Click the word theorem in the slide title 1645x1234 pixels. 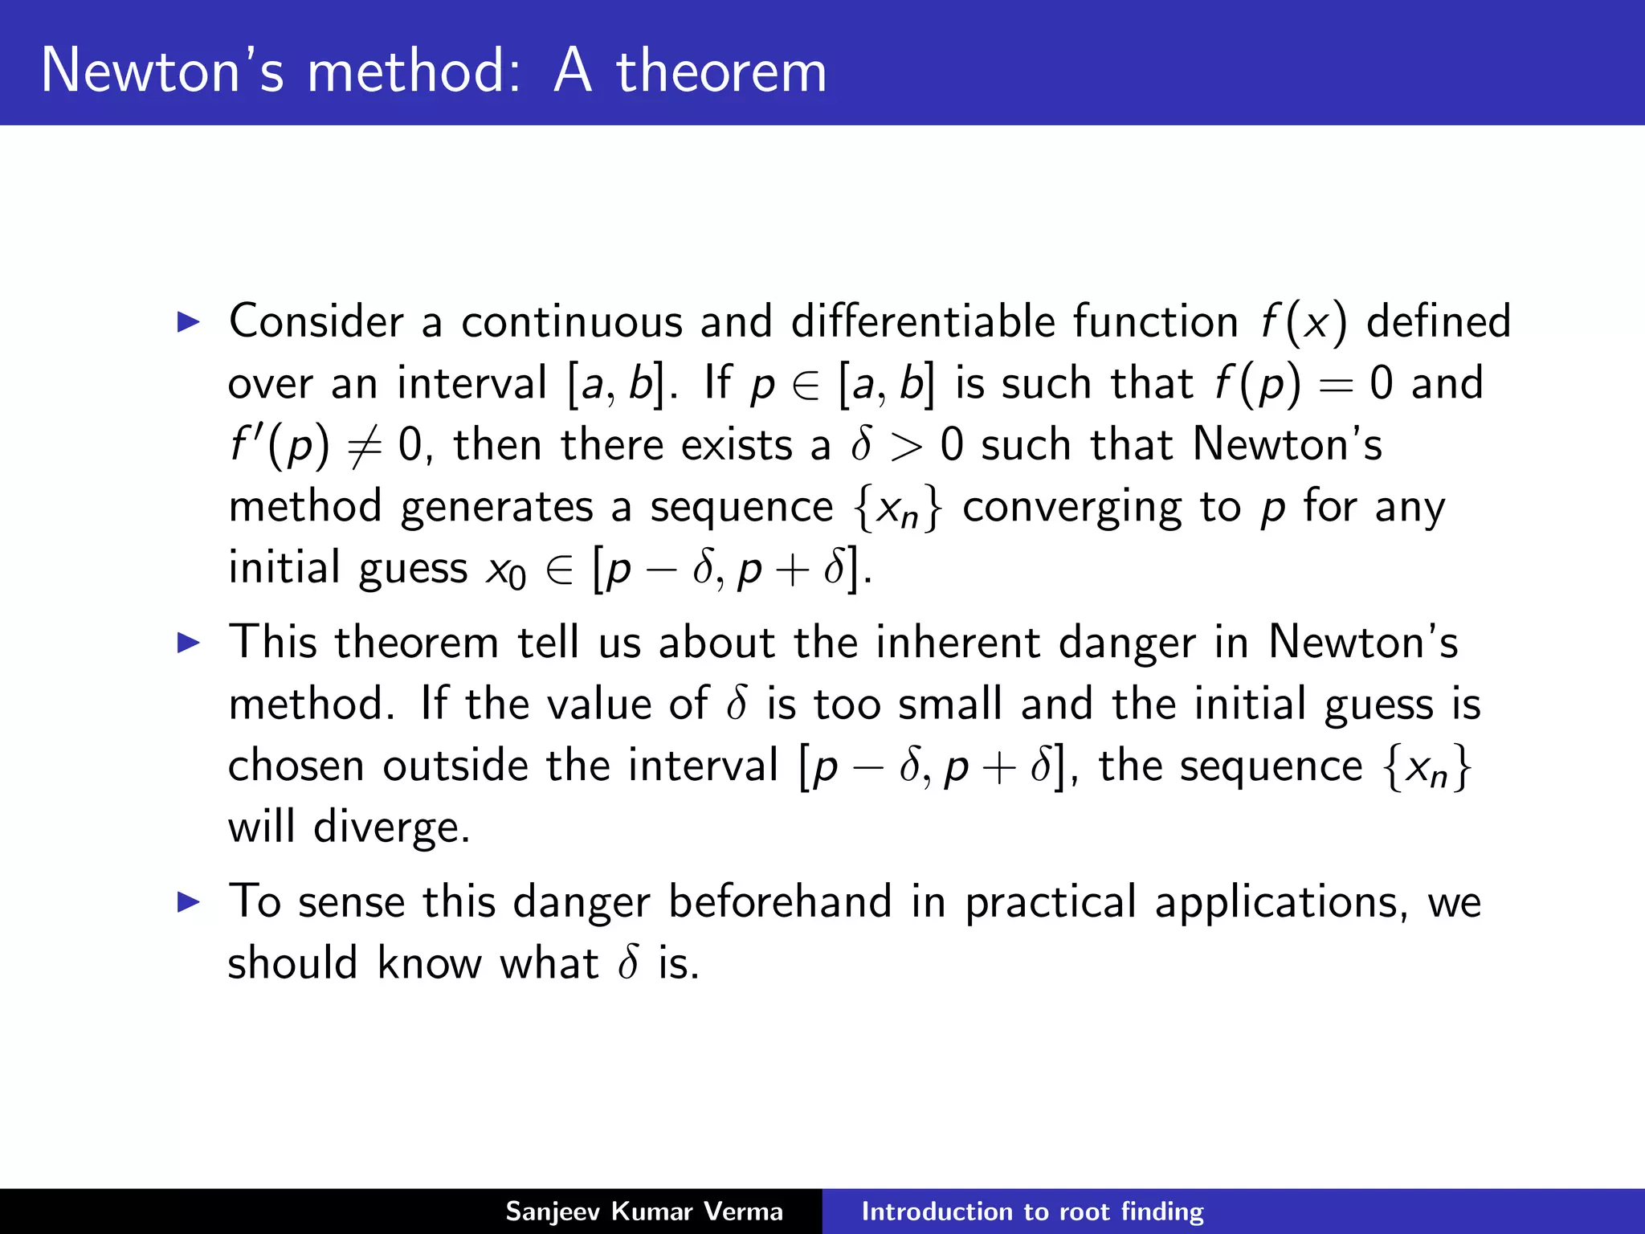(720, 71)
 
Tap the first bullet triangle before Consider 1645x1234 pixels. (188, 323)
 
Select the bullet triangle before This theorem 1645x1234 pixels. (188, 643)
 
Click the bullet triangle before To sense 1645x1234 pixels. (188, 902)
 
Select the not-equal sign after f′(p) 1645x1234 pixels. (365, 447)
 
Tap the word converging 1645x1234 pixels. (1072, 508)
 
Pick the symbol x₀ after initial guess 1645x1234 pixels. (506, 571)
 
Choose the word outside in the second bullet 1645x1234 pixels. (455, 766)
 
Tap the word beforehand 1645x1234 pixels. (780, 902)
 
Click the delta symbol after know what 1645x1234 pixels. (628, 962)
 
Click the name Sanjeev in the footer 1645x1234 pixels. (553, 1212)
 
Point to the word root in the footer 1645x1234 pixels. (1086, 1212)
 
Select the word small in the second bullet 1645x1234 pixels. (950, 705)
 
